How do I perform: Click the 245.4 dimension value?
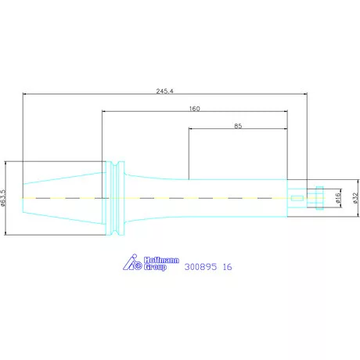pyautogui.click(x=164, y=91)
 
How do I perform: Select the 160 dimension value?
pyautogui.click(x=195, y=109)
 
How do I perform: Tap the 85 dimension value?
pyautogui.click(x=238, y=126)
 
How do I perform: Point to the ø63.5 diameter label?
pyautogui.click(x=3, y=198)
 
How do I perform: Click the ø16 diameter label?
pyautogui.click(x=338, y=198)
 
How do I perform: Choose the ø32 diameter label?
pyautogui.click(x=355, y=198)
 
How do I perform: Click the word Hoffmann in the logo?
pyautogui.click(x=161, y=260)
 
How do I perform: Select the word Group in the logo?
pyautogui.click(x=155, y=267)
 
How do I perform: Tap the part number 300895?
pyautogui.click(x=200, y=267)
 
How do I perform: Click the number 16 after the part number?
pyautogui.click(x=227, y=267)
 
